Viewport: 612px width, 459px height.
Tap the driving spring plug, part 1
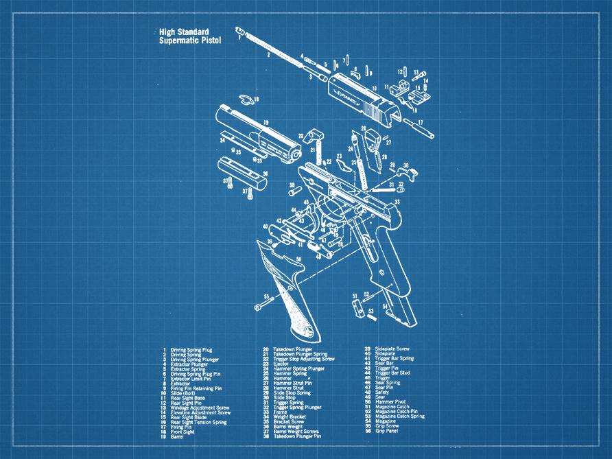click(240, 31)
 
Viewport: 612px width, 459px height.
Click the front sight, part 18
click(245, 99)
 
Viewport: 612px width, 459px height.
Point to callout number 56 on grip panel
click(298, 259)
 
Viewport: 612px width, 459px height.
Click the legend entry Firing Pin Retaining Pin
click(196, 388)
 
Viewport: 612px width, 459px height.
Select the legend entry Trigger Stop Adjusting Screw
click(304, 359)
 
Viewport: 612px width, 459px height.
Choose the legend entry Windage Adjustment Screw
click(200, 407)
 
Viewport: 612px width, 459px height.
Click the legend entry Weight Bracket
click(289, 416)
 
